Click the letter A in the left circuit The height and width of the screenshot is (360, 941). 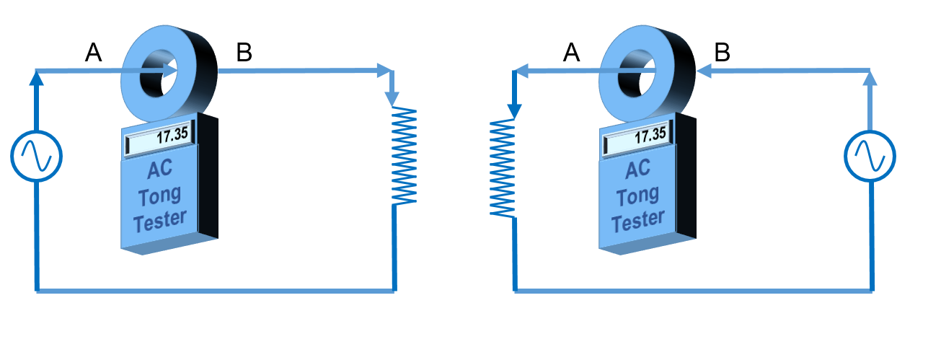pos(94,52)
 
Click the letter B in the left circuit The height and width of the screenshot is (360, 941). pos(244,52)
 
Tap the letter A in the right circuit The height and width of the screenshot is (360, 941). pos(571,52)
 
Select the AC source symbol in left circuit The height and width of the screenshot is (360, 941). pos(36,156)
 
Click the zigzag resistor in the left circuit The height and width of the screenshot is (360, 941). pos(404,155)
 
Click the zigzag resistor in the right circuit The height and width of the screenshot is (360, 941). pos(503,167)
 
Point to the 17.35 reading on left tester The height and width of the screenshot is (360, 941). pos(173,135)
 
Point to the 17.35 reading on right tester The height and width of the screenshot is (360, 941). pos(650,135)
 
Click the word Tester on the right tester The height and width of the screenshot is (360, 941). pos(637,220)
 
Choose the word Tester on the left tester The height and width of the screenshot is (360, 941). pos(159,220)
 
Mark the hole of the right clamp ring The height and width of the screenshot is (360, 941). pos(637,70)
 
